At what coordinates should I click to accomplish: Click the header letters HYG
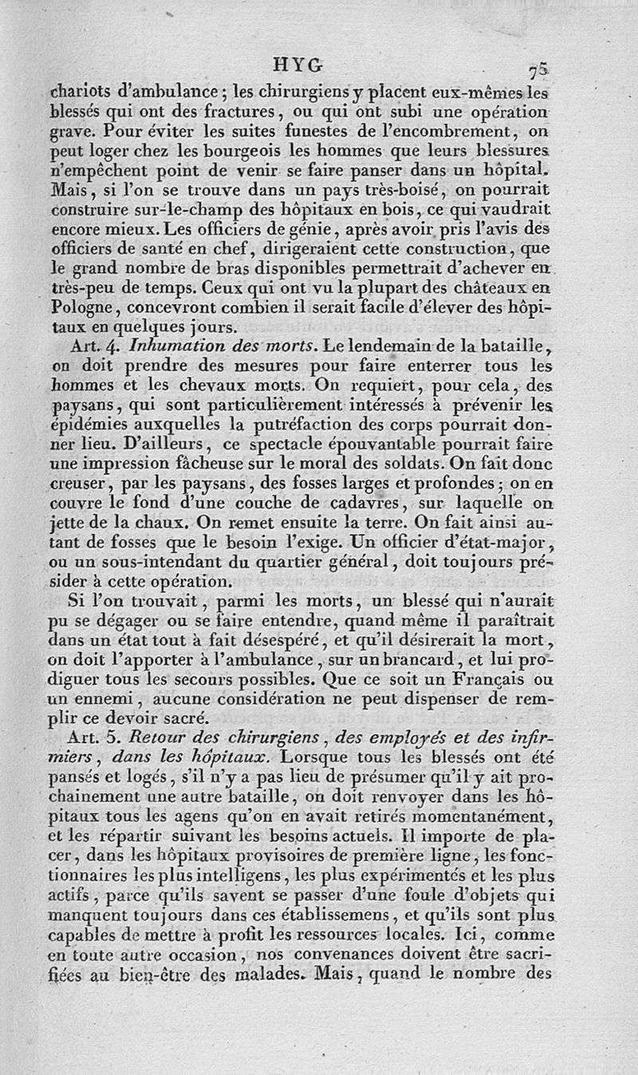pos(297,65)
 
